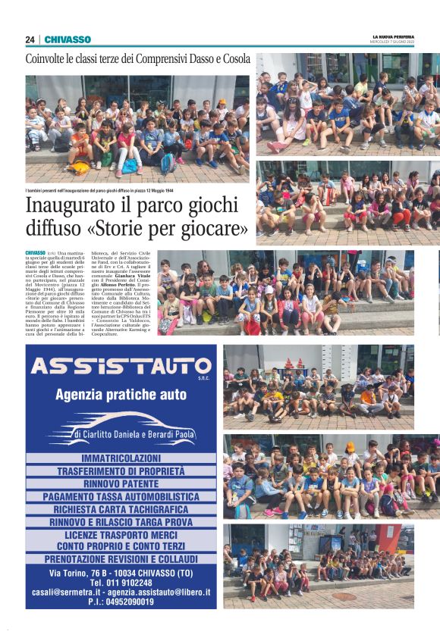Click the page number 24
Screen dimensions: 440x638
30,39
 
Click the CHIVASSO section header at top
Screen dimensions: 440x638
68,39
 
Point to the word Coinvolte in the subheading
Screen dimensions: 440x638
53,59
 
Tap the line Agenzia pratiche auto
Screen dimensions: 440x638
121,395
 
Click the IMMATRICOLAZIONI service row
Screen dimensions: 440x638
121,458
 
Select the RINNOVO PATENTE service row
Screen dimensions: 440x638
121,483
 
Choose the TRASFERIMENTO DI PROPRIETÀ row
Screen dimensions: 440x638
121,471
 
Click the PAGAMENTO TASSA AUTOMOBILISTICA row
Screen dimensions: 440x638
121,496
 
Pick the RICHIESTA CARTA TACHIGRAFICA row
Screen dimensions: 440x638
121,509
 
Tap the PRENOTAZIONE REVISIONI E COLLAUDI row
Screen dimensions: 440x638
121,558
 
